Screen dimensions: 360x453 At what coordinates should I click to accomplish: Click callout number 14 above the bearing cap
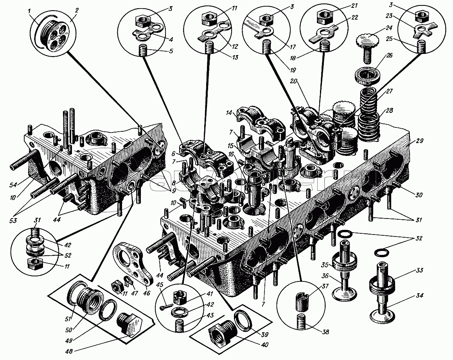click(228, 113)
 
